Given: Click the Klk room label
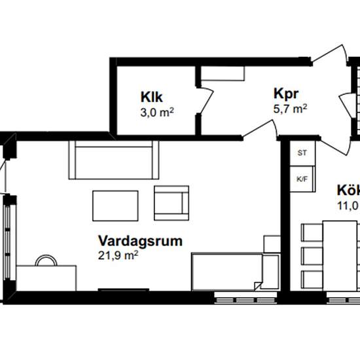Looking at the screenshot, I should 151,97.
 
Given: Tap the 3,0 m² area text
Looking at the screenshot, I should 156,111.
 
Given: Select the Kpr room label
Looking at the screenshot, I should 286,93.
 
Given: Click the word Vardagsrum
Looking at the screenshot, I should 140,240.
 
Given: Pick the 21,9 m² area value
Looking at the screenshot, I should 118,255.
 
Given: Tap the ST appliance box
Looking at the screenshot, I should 301,153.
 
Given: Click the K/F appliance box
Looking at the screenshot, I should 302,178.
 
